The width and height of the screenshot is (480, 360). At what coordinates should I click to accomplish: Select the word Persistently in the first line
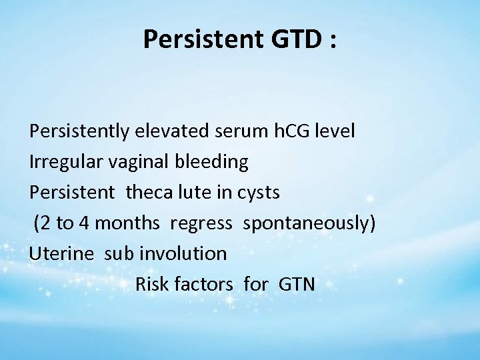coord(76,131)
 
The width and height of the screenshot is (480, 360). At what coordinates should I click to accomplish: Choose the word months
coord(129,223)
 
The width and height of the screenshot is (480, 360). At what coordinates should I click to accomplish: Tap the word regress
coord(201,223)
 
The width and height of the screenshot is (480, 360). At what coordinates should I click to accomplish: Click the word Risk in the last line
coord(151,285)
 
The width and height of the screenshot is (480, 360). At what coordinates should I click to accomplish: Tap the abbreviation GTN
coord(293,285)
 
